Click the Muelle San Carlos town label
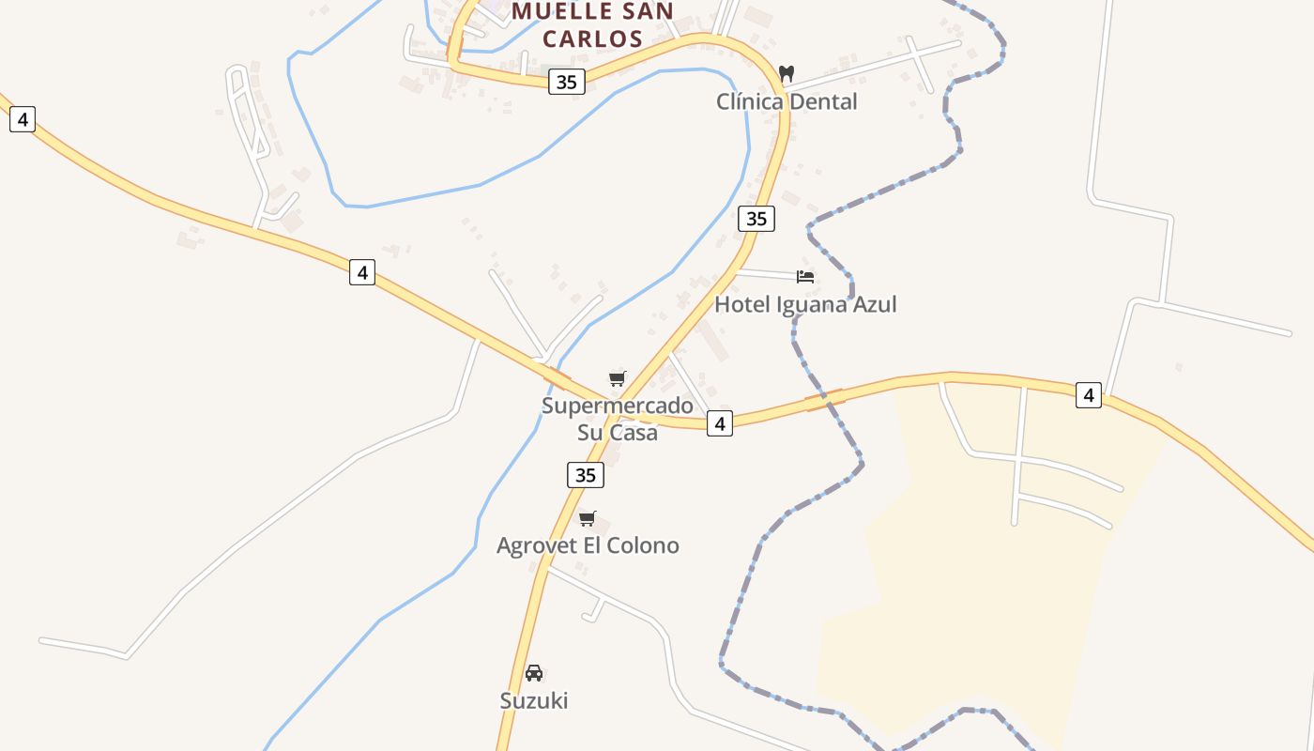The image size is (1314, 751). click(x=592, y=25)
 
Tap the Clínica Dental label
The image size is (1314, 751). click(x=787, y=101)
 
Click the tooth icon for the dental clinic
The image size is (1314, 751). click(x=787, y=72)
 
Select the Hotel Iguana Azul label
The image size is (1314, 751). click(x=805, y=304)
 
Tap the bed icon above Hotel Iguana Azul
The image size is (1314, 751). click(x=805, y=276)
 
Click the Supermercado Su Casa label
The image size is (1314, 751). click(x=617, y=419)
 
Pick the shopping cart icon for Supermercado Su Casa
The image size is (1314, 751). click(x=617, y=378)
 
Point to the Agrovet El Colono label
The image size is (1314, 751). click(x=588, y=545)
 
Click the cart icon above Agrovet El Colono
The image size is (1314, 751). click(x=588, y=518)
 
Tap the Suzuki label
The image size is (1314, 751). click(x=534, y=700)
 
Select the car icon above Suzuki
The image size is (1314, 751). click(x=534, y=672)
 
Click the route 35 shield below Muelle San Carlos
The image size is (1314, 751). click(x=566, y=82)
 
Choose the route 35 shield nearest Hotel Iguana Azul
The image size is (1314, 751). click(x=756, y=219)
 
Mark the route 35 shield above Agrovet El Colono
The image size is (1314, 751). click(x=585, y=475)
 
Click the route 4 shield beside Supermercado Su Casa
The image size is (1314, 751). click(x=719, y=423)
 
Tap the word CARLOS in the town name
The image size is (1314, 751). click(x=592, y=38)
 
